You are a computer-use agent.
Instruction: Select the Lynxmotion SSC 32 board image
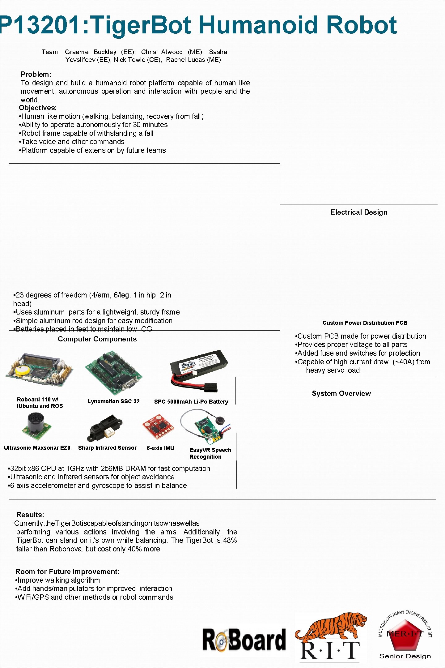click(x=113, y=373)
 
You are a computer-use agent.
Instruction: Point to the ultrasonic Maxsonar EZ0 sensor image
click(x=37, y=427)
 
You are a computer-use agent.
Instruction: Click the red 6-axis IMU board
click(x=158, y=427)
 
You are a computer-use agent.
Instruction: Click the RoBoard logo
click(x=244, y=640)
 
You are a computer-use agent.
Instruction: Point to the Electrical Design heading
click(x=359, y=212)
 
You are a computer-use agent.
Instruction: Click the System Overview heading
click(x=341, y=393)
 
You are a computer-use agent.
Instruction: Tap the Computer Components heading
click(x=97, y=339)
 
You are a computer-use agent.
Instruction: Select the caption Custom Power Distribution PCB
click(x=365, y=323)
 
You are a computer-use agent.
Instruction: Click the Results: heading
click(x=30, y=515)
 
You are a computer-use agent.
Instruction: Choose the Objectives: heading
click(x=38, y=108)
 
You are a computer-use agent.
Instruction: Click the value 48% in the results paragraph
click(x=230, y=540)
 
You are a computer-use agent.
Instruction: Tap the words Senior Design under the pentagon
click(x=405, y=656)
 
